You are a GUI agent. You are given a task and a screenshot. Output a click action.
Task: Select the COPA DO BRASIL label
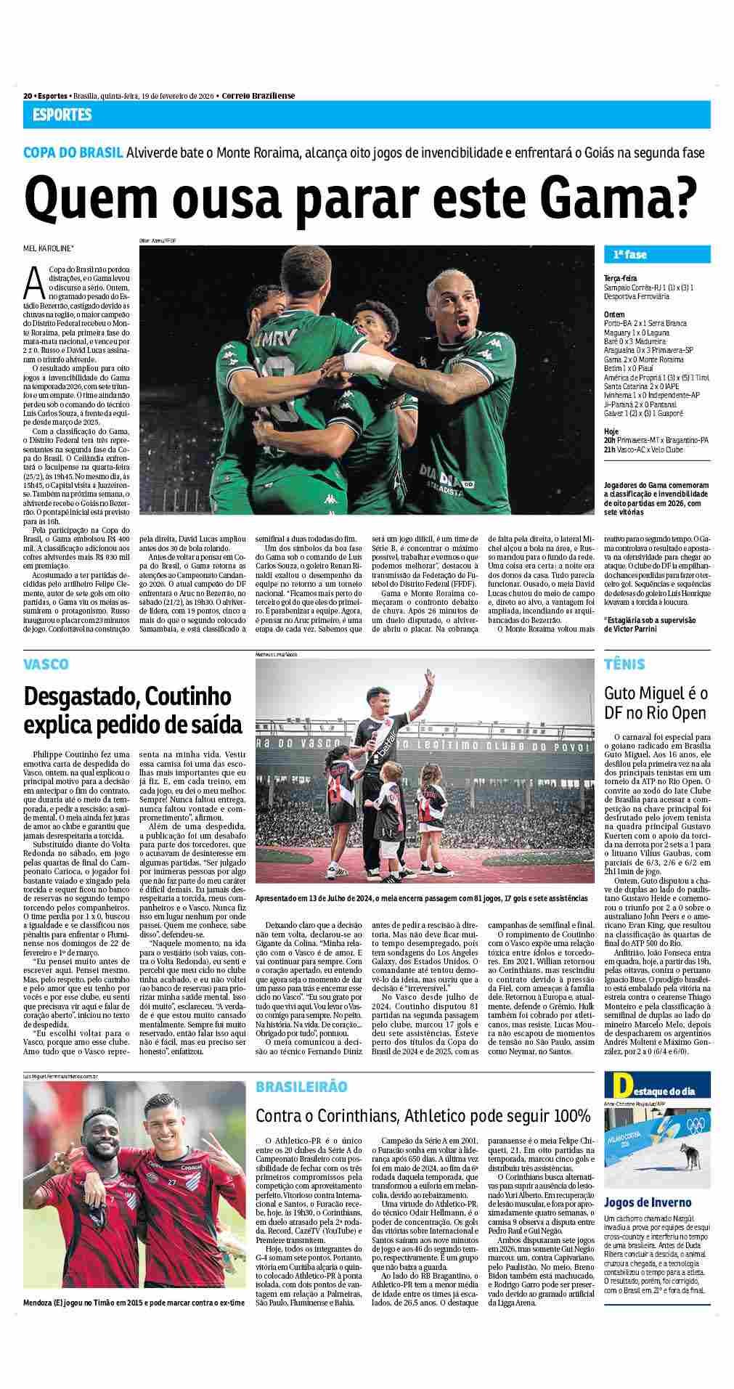72,153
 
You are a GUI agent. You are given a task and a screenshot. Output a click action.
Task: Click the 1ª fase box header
629,255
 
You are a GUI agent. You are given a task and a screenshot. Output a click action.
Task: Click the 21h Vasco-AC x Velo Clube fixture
643,449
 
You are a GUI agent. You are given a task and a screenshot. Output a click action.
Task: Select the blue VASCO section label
46,664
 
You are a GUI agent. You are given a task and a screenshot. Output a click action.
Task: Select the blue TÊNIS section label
624,664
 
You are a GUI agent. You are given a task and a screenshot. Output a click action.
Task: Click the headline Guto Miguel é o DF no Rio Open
656,703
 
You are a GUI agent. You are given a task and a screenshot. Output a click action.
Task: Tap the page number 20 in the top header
27,96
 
